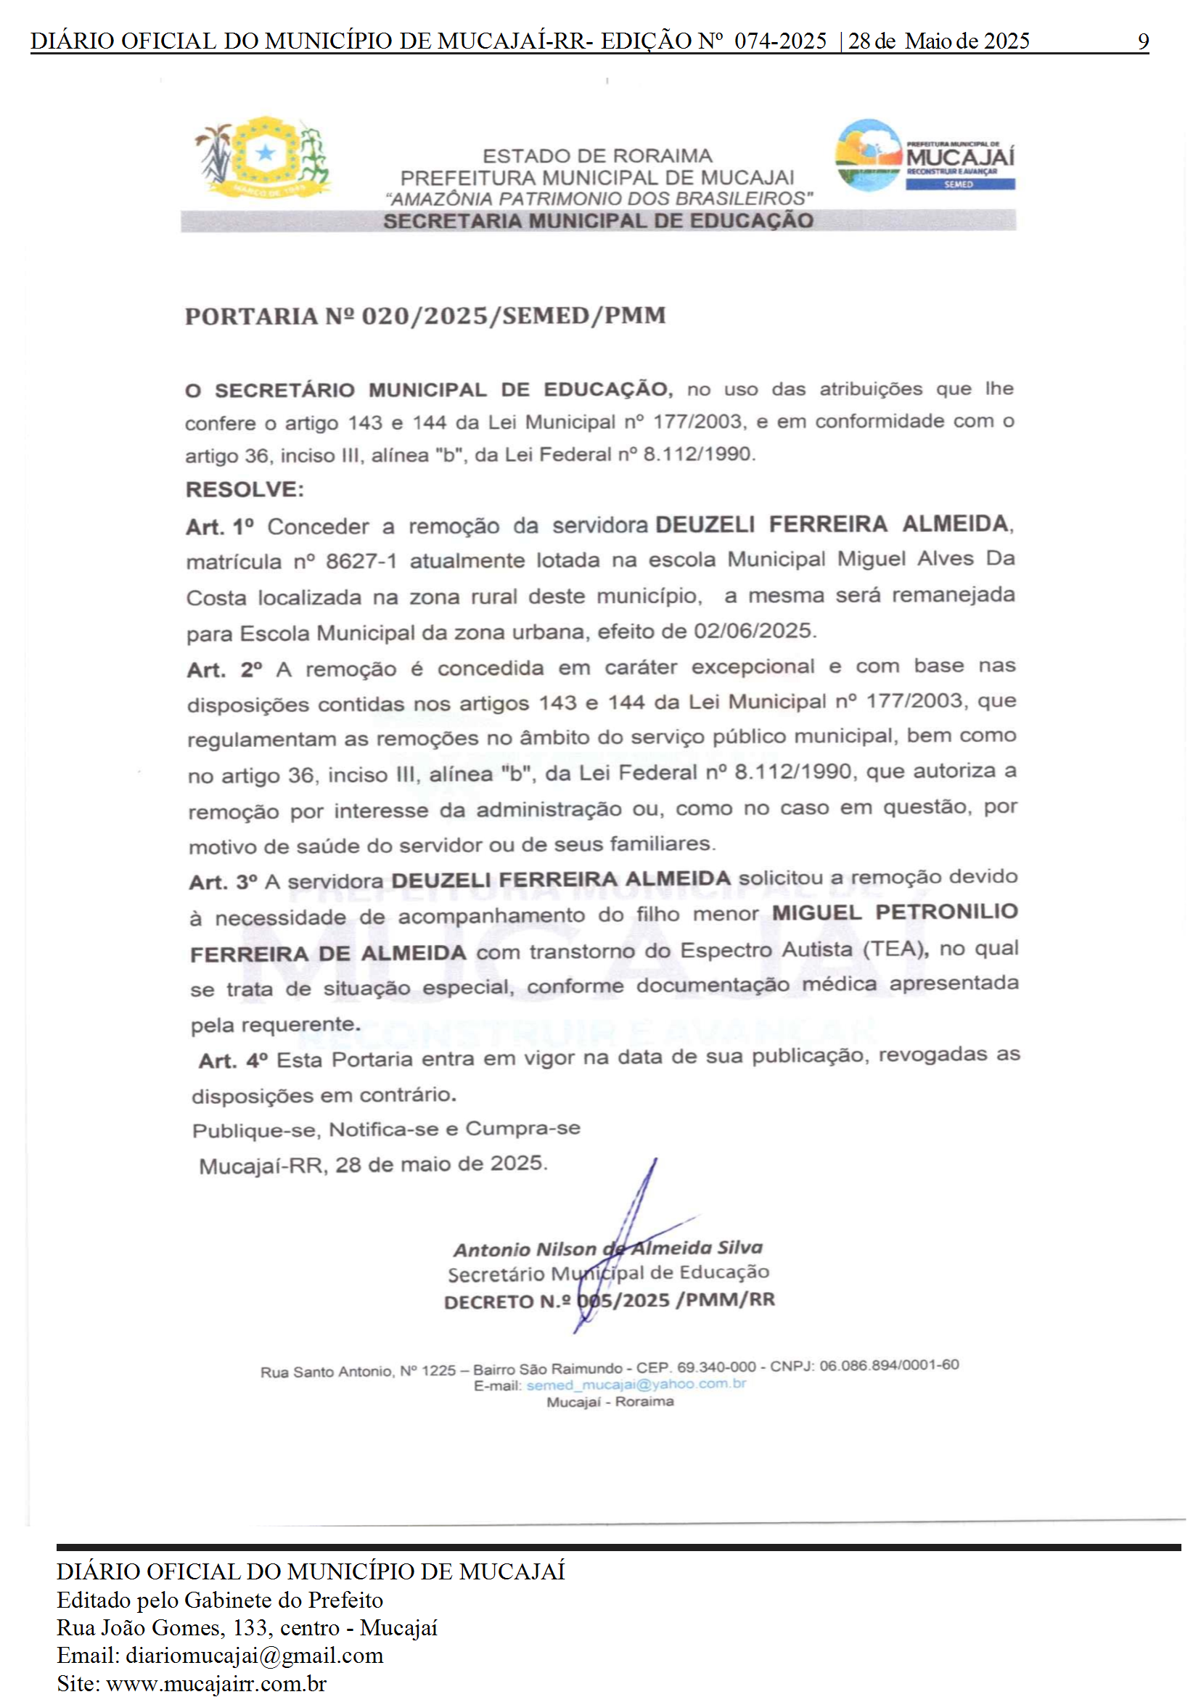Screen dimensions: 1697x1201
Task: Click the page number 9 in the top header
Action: click(1142, 41)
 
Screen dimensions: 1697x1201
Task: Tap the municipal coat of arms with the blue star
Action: click(263, 158)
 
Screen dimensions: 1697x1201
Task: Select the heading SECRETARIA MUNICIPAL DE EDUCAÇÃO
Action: click(597, 221)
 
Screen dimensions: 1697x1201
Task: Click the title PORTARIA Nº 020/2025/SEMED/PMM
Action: click(425, 316)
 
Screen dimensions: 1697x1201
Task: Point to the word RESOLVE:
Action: click(244, 489)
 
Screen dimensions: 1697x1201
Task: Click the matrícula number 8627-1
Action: click(361, 562)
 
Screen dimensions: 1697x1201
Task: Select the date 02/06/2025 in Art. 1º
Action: click(753, 631)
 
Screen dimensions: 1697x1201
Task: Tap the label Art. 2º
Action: click(224, 669)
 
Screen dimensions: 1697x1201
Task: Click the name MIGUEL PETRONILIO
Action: click(895, 912)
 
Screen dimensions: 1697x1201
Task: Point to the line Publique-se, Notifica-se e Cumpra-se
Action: click(386, 1129)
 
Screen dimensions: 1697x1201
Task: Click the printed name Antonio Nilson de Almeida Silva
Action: click(607, 1248)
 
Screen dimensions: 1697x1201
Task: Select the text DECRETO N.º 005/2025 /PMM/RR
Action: click(609, 1301)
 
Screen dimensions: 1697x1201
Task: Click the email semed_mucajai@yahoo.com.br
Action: click(636, 1384)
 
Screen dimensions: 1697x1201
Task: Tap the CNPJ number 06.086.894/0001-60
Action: click(889, 1365)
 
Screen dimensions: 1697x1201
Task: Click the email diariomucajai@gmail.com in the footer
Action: click(255, 1656)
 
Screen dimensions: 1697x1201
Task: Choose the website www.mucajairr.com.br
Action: click(217, 1684)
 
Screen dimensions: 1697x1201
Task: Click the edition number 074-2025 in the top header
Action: click(780, 41)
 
